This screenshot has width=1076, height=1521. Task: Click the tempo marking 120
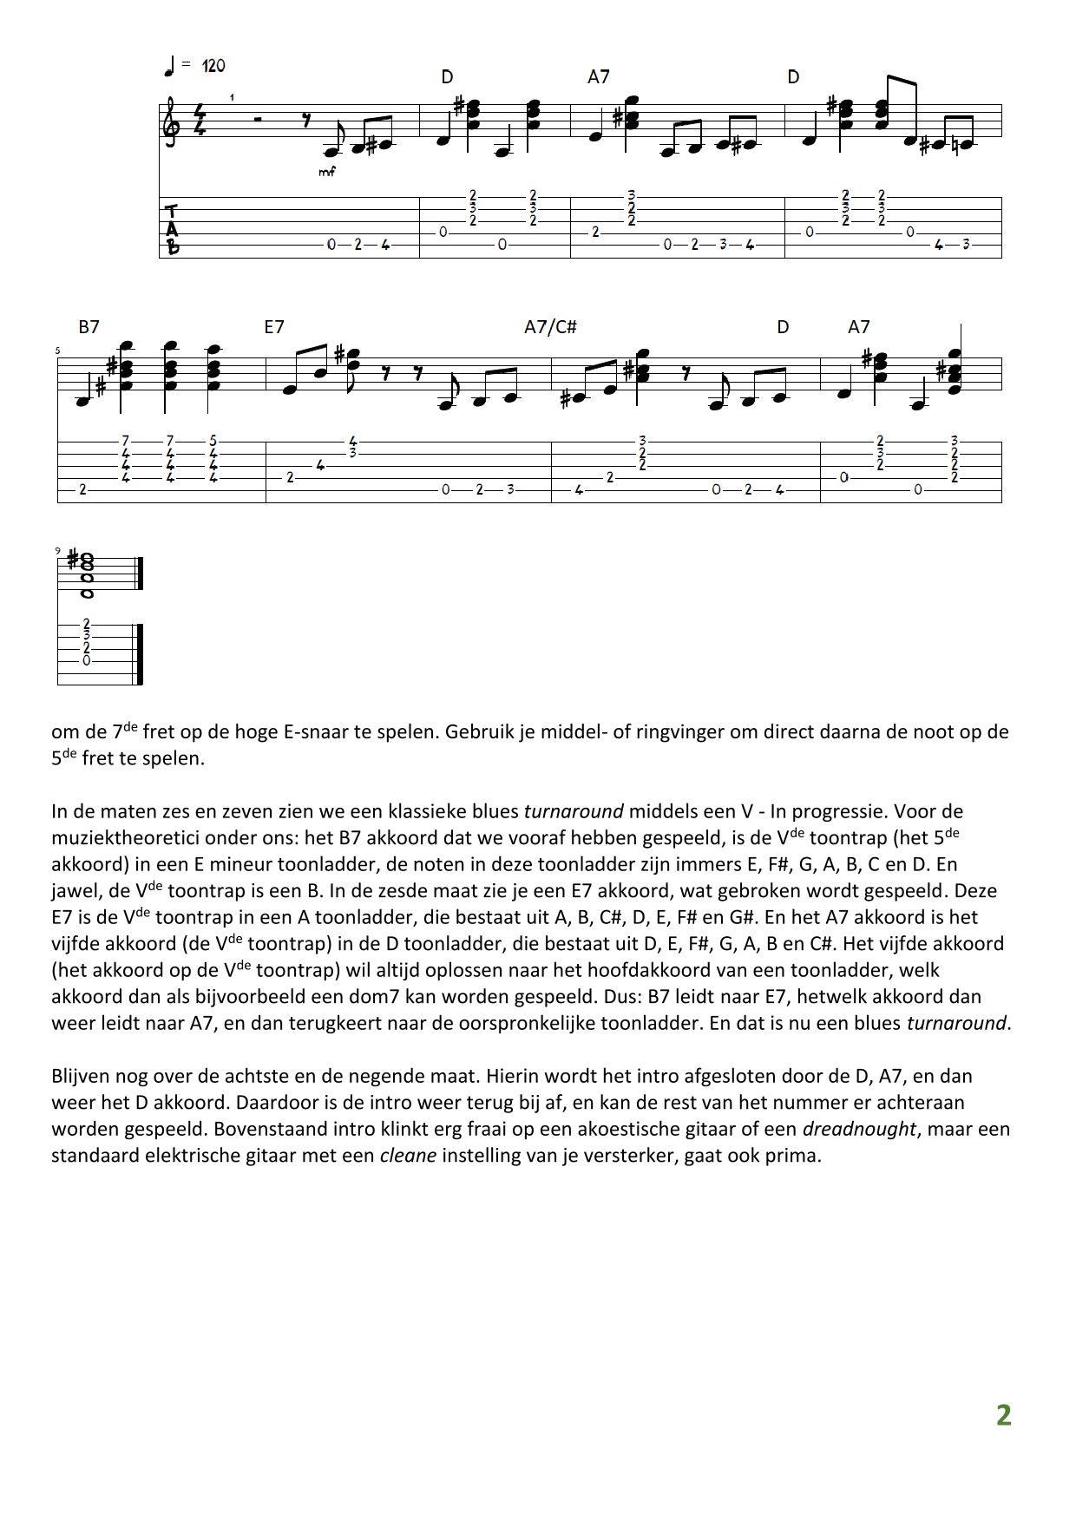213,66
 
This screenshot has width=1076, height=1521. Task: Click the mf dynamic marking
326,172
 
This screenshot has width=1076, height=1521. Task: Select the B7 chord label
89,327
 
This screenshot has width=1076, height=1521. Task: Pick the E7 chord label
274,327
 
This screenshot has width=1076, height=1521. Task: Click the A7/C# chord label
550,327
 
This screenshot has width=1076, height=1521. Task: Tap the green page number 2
1003,1415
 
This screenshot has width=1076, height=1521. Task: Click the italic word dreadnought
858,1129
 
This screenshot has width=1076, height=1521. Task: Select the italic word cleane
408,1156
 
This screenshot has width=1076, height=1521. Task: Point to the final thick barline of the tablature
139,653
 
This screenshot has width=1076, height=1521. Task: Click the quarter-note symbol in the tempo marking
169,66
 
